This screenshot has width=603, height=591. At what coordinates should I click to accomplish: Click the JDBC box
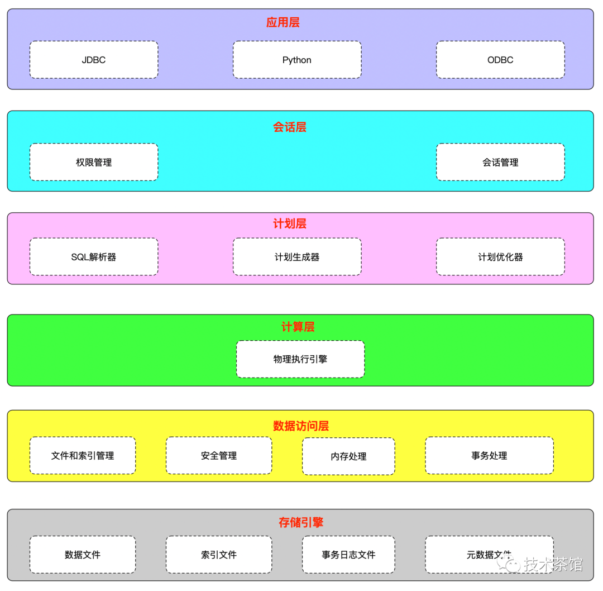(x=94, y=60)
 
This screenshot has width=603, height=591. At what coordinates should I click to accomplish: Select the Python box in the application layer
(x=297, y=60)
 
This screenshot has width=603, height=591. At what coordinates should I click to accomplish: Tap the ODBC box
(x=500, y=60)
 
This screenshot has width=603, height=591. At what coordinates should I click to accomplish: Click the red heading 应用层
(x=283, y=23)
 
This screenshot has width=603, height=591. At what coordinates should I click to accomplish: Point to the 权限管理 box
(x=94, y=163)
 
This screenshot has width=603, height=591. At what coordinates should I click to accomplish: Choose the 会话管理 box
(x=500, y=163)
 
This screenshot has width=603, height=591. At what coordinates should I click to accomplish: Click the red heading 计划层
(x=290, y=224)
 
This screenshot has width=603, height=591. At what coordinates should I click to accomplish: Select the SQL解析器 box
(x=94, y=257)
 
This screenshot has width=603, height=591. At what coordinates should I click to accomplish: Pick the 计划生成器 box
(x=297, y=257)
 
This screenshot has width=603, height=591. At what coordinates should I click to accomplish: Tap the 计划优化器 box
(x=500, y=257)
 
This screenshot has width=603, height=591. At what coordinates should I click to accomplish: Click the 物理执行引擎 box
(x=300, y=359)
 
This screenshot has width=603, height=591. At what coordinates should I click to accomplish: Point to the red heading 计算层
(x=298, y=327)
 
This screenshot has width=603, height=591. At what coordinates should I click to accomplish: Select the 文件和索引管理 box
(x=83, y=456)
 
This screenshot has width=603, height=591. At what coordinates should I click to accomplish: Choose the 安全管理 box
(x=219, y=456)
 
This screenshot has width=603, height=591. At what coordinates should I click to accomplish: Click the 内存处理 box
(x=348, y=456)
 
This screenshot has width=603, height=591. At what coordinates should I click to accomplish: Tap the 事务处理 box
(x=489, y=456)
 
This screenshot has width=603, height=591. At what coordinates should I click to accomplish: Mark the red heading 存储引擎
(x=301, y=523)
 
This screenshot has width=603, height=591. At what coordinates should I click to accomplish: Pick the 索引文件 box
(x=219, y=555)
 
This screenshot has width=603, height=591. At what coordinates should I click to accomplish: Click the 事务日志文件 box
(x=348, y=555)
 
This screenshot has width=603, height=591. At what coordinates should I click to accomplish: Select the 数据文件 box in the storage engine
(x=83, y=555)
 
